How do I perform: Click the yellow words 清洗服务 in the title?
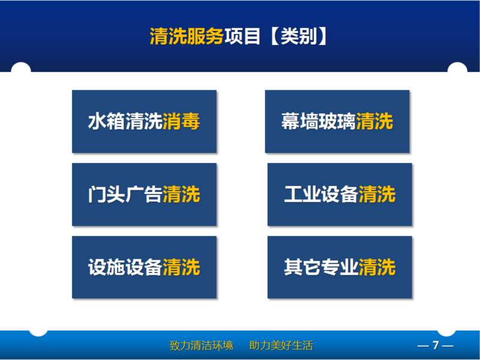tap(187, 37)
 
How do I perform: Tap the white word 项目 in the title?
tap(242, 37)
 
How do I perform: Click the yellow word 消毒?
tap(181, 121)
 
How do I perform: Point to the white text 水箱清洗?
tap(125, 121)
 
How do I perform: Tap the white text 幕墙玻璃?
tap(319, 121)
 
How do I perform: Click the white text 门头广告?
tap(125, 194)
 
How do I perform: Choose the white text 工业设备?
tap(321, 194)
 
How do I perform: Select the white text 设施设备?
tap(125, 267)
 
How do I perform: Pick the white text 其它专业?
tap(321, 267)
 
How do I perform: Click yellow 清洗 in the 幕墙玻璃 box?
tap(374, 121)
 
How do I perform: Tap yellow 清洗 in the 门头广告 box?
tap(181, 194)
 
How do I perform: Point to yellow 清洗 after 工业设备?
tap(377, 194)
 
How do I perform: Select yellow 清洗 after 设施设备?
tap(181, 267)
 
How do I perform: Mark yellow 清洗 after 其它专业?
tap(377, 267)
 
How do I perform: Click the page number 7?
tap(436, 346)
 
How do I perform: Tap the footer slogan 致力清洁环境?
tap(202, 346)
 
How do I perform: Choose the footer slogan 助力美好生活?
tap(281, 346)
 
